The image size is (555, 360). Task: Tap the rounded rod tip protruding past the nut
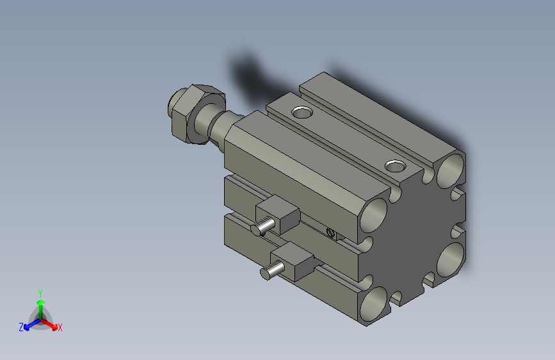(173, 104)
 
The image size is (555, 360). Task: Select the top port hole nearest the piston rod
(302, 113)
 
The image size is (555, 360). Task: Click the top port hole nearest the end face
(396, 167)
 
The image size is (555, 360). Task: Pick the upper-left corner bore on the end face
(374, 214)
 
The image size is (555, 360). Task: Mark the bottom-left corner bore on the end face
(374, 304)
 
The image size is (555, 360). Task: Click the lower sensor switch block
(296, 261)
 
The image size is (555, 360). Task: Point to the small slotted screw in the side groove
(330, 233)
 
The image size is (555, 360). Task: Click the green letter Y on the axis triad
(40, 292)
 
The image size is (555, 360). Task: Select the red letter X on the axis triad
(60, 328)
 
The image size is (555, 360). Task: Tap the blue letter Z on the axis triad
(21, 327)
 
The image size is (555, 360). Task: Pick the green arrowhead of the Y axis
(40, 302)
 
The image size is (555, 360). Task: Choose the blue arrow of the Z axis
(29, 325)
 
